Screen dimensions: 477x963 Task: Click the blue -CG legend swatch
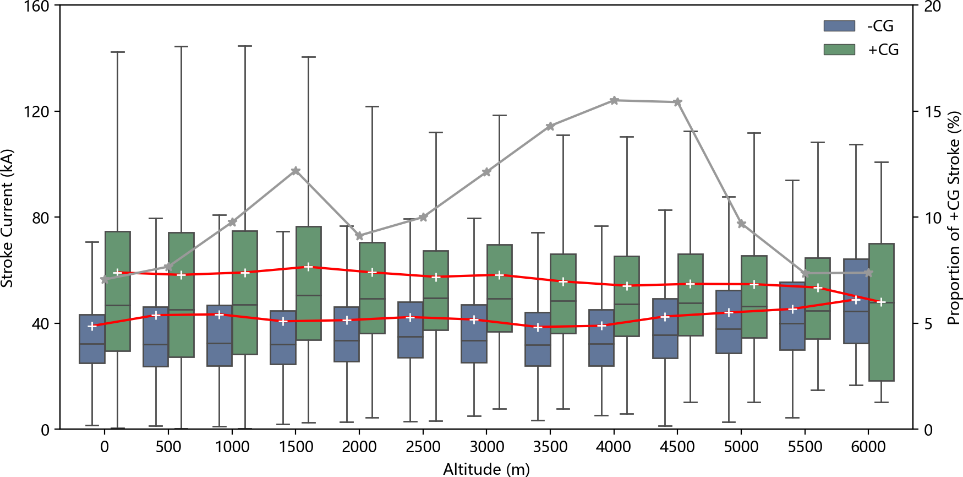click(839, 26)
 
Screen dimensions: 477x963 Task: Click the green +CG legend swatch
click(839, 50)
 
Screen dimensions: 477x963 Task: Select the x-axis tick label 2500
click(423, 447)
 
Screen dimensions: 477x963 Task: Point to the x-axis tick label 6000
click(868, 447)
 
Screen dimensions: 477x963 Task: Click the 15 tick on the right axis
click(932, 112)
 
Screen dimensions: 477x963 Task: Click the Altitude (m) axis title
click(486, 469)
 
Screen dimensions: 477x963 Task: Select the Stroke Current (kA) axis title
click(7, 218)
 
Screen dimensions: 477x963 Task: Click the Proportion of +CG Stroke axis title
click(954, 218)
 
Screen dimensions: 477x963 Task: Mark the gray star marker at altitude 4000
click(614, 101)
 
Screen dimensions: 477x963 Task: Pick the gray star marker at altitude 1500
click(296, 171)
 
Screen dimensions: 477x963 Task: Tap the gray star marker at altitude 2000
click(359, 236)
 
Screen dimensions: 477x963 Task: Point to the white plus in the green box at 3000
click(500, 275)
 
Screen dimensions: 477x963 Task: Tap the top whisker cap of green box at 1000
click(245, 46)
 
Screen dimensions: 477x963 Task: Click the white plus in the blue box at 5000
click(729, 312)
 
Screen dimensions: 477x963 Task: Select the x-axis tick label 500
click(168, 447)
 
